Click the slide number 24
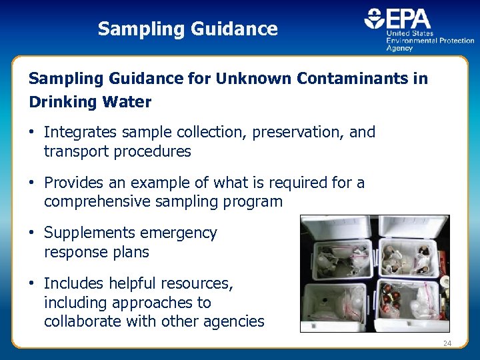pos(447,344)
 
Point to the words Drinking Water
pos(90,103)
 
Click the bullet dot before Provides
pos(32,183)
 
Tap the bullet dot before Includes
pos(32,284)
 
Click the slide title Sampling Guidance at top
pos(187,29)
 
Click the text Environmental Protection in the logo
pos(430,40)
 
